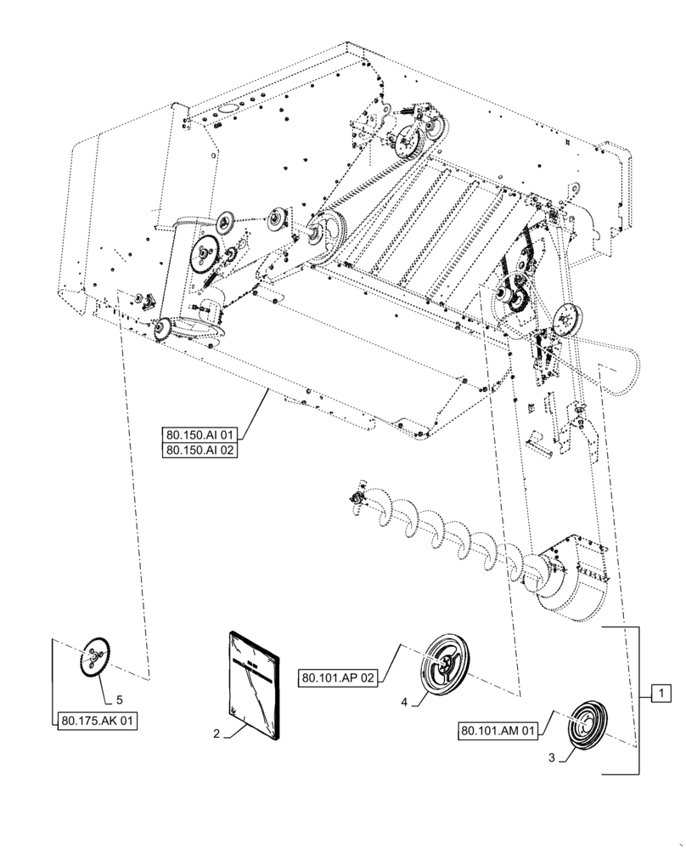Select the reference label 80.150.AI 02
[x=200, y=450]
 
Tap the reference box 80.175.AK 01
[x=98, y=722]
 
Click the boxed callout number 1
[x=659, y=694]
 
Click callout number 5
[x=118, y=700]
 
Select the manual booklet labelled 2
[x=254, y=683]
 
